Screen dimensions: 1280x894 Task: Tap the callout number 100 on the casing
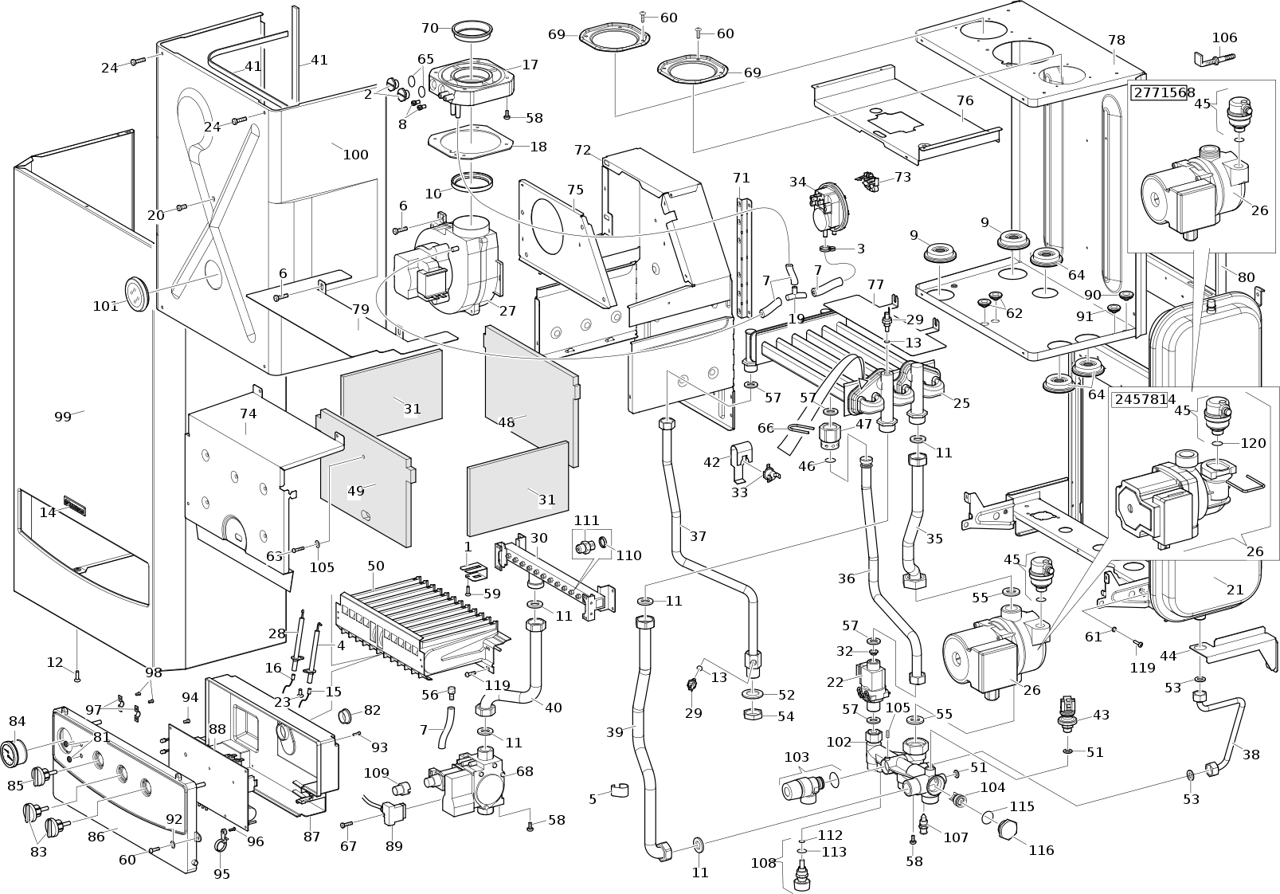click(355, 155)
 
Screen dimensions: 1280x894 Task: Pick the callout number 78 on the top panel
click(1116, 40)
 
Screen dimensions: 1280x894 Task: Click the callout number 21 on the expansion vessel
click(1235, 590)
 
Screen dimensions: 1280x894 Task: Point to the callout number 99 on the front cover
click(63, 417)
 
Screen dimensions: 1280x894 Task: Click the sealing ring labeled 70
click(472, 30)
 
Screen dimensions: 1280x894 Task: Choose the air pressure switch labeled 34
click(824, 209)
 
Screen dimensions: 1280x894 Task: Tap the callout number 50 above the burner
click(375, 566)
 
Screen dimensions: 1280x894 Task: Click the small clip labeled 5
click(620, 790)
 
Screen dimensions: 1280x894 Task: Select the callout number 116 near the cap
click(1041, 850)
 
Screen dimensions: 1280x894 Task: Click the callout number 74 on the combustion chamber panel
click(248, 414)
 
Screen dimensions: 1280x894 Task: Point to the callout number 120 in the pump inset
click(1253, 443)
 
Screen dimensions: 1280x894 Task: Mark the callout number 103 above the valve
click(797, 757)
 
